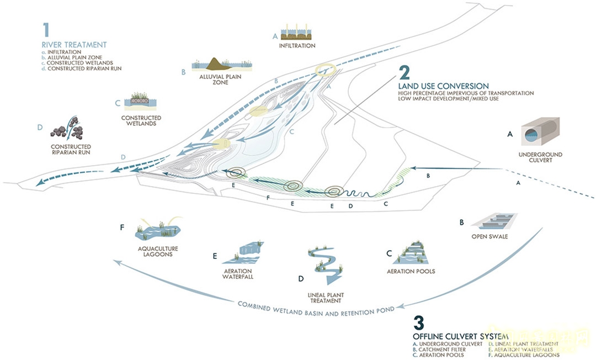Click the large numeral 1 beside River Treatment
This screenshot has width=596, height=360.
coord(47,30)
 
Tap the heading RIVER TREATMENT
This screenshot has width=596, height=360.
coord(74,45)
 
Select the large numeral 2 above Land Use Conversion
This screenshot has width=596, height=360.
coord(405,74)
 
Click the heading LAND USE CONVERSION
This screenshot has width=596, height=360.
coord(444,86)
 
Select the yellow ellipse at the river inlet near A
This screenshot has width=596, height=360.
coord(326,70)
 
